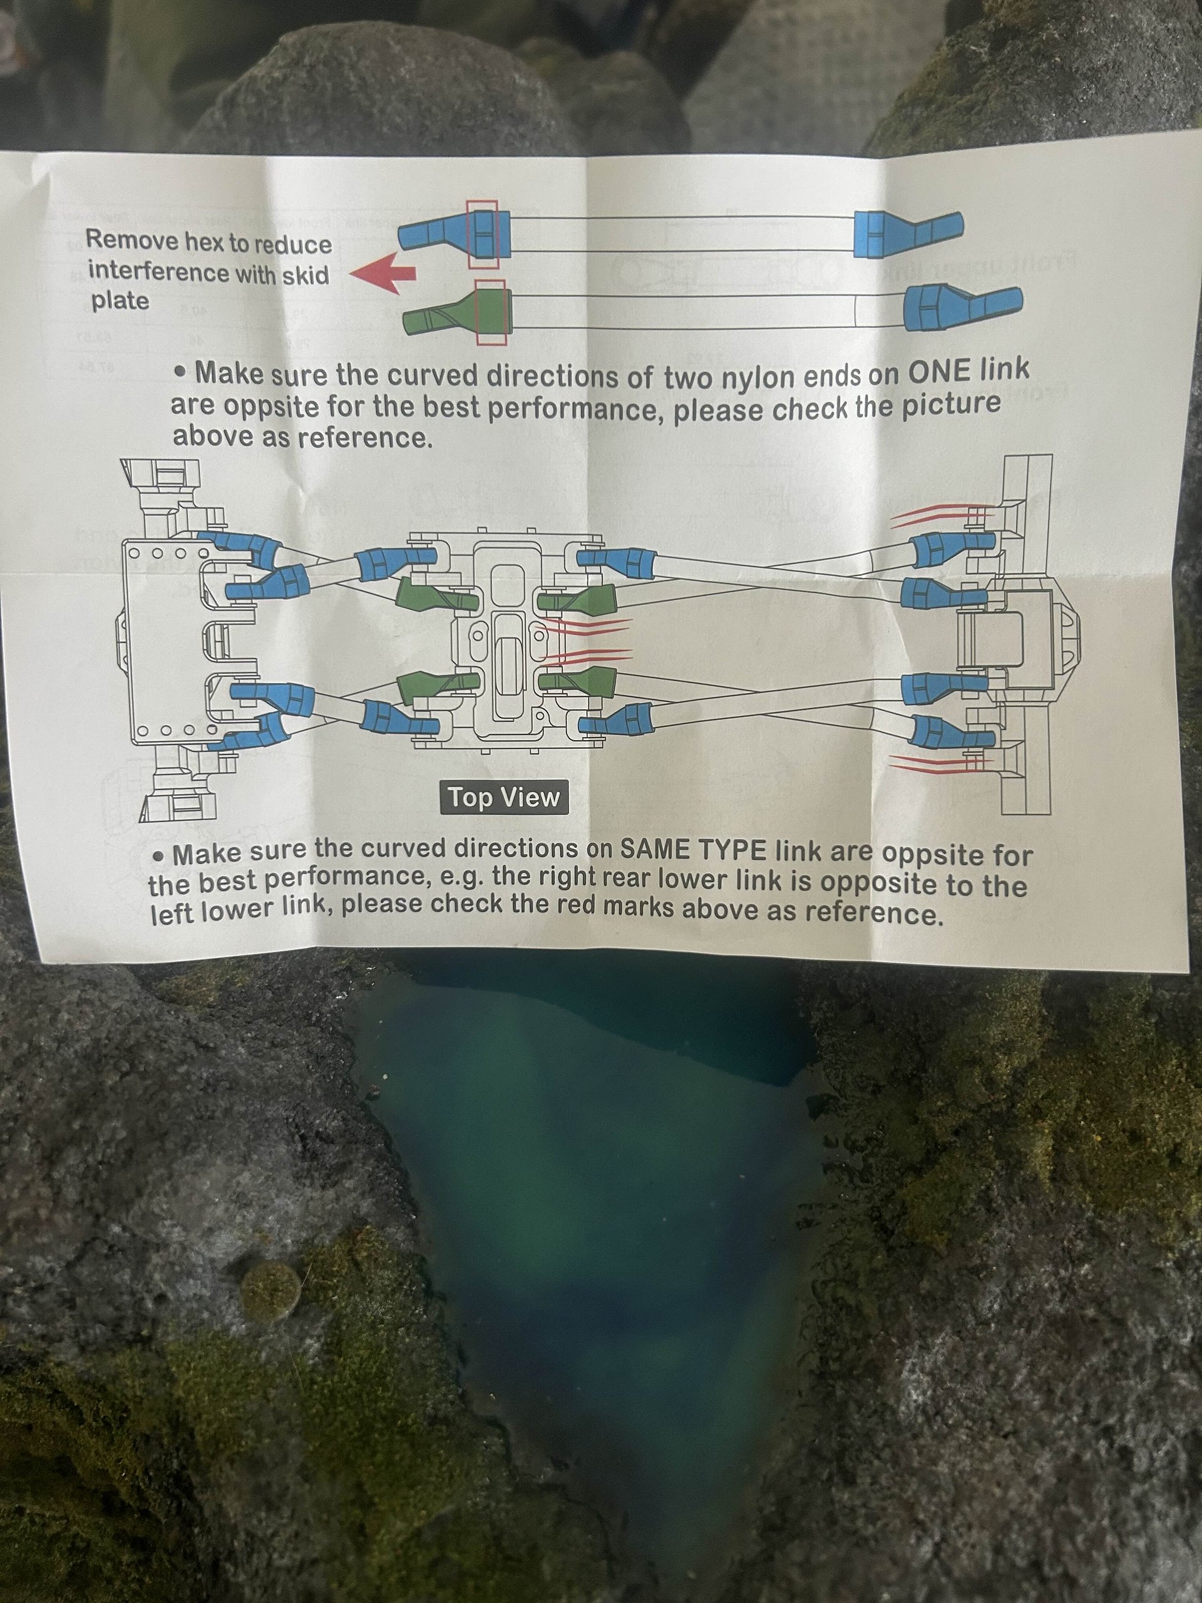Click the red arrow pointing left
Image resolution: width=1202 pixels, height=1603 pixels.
[383, 276]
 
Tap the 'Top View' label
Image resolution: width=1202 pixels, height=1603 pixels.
[503, 798]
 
